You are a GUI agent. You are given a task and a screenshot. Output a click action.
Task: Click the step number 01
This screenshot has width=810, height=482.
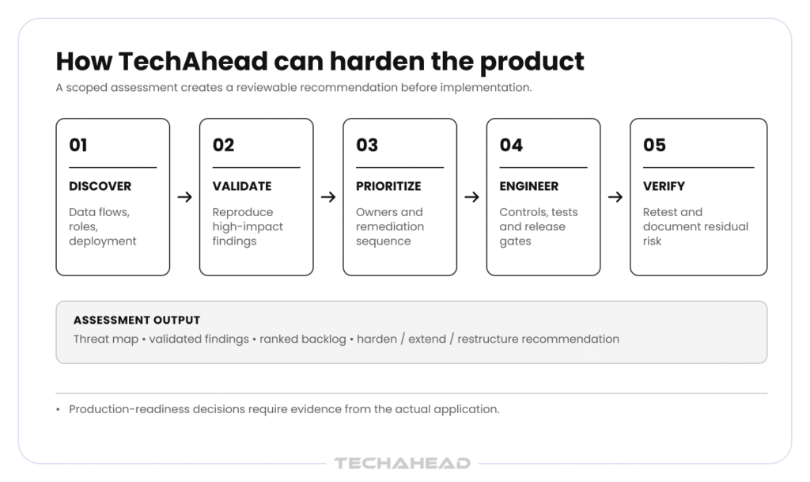pyautogui.click(x=78, y=145)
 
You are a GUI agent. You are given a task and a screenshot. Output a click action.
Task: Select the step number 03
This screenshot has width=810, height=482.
pyautogui.click(x=367, y=145)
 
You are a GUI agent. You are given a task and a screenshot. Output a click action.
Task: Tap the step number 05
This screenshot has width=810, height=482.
pyautogui.click(x=654, y=145)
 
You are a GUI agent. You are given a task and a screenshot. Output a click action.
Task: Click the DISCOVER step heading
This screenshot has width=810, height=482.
pyautogui.click(x=100, y=186)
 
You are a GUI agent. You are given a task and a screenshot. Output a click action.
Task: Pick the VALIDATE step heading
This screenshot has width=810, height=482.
pyautogui.click(x=242, y=186)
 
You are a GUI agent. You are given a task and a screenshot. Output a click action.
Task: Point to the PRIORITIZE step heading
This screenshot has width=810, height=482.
pyautogui.click(x=388, y=186)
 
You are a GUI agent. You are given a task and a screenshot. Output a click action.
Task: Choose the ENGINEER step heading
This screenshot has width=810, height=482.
pyautogui.click(x=529, y=186)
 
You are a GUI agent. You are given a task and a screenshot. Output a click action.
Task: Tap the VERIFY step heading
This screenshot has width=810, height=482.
pyautogui.click(x=664, y=186)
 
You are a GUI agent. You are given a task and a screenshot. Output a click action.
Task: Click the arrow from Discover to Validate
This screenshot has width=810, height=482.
pyautogui.click(x=184, y=197)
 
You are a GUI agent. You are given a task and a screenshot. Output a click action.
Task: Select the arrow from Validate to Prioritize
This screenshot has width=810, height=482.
pyautogui.click(x=328, y=197)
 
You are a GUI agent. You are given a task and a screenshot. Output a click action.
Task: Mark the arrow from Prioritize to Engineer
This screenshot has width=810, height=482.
pyautogui.click(x=471, y=197)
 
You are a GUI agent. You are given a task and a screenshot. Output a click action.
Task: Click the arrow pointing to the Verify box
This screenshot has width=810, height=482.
pyautogui.click(x=615, y=197)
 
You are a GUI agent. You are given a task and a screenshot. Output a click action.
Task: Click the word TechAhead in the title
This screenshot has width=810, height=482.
pyautogui.click(x=193, y=61)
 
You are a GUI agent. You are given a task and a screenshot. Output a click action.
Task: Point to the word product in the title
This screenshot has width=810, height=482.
pyautogui.click(x=532, y=63)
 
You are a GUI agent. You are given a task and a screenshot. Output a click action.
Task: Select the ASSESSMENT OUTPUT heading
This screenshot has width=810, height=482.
pyautogui.click(x=136, y=321)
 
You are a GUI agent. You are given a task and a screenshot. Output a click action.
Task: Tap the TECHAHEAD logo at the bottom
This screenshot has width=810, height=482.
pyautogui.click(x=403, y=463)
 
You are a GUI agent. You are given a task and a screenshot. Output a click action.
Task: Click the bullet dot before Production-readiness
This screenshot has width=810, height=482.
pyautogui.click(x=58, y=410)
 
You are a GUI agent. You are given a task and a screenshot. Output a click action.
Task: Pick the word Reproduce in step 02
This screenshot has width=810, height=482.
pyautogui.click(x=243, y=212)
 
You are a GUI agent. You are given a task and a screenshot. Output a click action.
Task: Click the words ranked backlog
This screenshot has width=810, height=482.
pyautogui.click(x=303, y=339)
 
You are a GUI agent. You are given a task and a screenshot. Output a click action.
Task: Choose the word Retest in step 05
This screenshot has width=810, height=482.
pyautogui.click(x=659, y=212)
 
